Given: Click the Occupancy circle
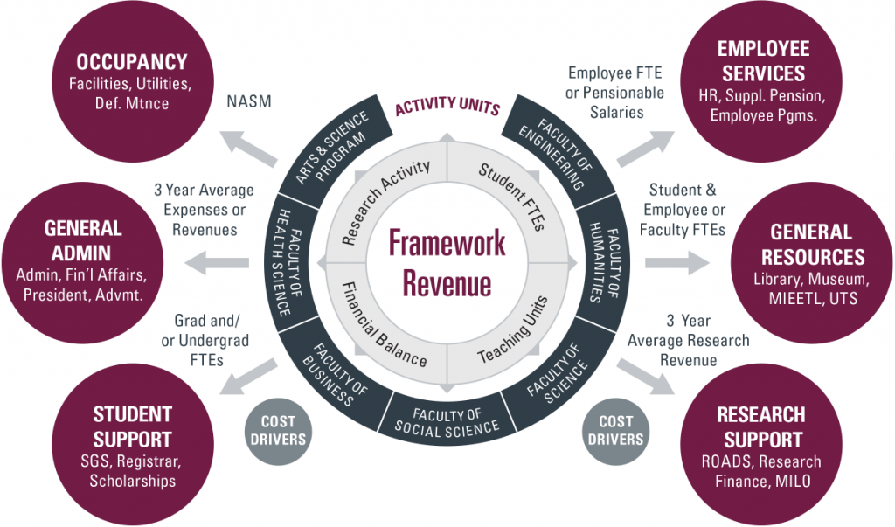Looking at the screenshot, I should point(131,83).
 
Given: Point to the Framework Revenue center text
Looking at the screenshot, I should point(447,263).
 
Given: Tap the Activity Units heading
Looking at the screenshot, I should point(447,107).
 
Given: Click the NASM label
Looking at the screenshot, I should point(248,102).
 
